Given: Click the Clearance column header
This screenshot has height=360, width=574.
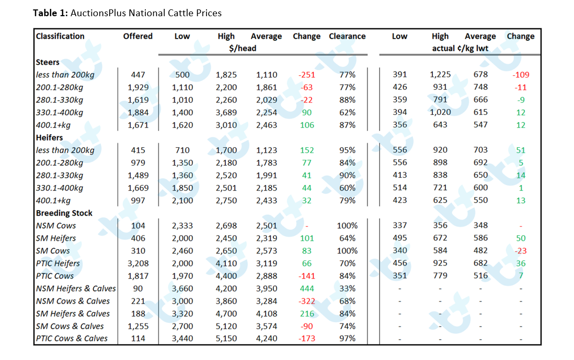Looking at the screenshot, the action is [x=347, y=36].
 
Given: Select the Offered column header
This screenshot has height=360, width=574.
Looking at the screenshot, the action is [x=137, y=36].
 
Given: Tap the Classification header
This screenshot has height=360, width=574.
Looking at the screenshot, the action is [x=60, y=36].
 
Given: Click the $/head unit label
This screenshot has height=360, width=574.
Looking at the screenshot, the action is [x=243, y=48].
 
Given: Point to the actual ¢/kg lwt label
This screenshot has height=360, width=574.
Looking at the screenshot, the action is [x=460, y=48].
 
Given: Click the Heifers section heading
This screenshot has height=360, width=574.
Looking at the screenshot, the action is [x=50, y=137].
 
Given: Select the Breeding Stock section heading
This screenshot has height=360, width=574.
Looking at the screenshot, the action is [x=64, y=213].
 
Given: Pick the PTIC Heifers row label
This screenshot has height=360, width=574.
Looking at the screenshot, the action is [x=58, y=263].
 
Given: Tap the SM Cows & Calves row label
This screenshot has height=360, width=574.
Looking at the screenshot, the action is [x=70, y=327].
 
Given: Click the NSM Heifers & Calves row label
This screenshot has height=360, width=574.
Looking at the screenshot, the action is [x=76, y=288].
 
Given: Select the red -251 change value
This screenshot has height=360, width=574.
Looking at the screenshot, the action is [x=307, y=75].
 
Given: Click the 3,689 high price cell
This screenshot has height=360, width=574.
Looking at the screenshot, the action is [x=226, y=113].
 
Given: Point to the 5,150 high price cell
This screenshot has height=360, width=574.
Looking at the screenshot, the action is [x=226, y=339].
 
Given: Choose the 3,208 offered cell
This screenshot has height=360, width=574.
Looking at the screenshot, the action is [x=138, y=263].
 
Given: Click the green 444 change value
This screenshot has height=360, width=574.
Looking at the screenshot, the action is [x=307, y=288].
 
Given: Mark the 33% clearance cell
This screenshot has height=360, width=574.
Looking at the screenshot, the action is [x=347, y=288].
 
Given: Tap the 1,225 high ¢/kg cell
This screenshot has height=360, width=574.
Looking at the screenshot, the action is [x=440, y=75].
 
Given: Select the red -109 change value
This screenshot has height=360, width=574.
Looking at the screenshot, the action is [x=521, y=75].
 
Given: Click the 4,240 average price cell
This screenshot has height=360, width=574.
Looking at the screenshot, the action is [x=267, y=339].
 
